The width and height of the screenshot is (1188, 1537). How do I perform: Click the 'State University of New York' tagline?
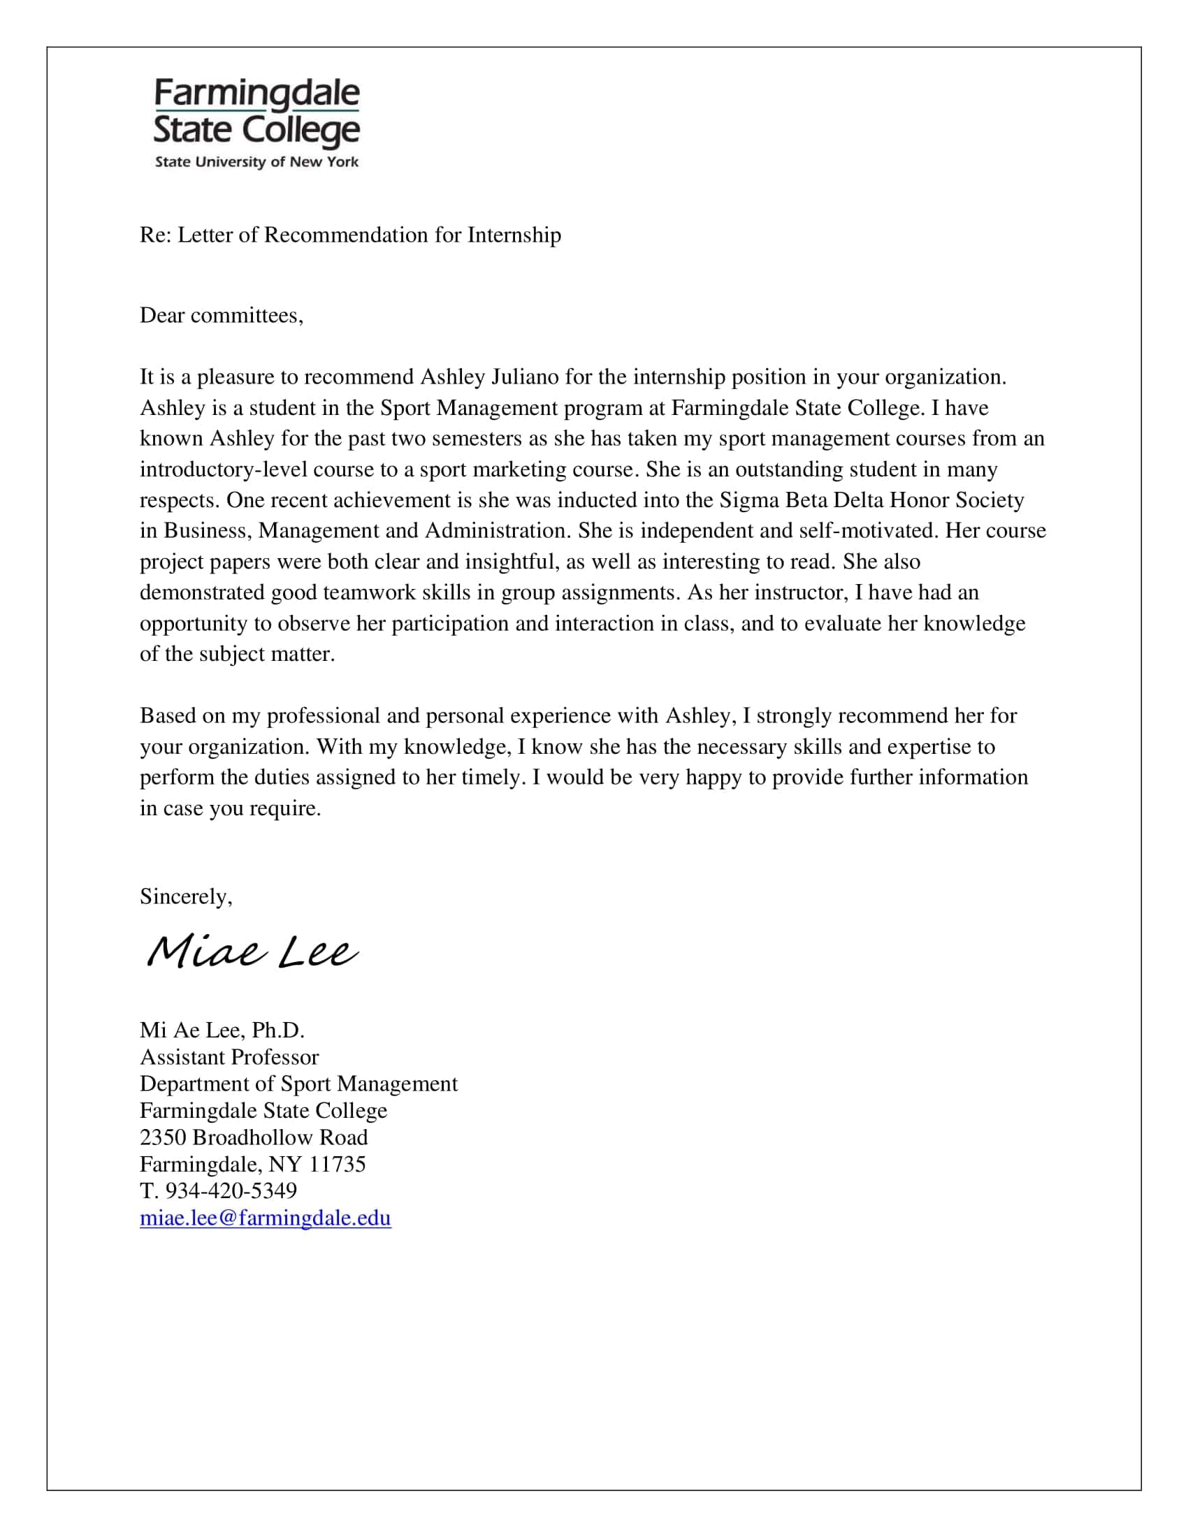[x=256, y=162]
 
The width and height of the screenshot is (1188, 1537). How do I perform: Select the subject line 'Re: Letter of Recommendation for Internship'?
[x=350, y=235]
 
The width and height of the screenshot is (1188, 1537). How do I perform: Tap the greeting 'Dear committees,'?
[x=221, y=315]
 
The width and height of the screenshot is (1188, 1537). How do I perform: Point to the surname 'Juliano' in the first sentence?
[x=524, y=377]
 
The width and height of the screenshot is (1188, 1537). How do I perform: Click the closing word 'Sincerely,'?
[x=186, y=896]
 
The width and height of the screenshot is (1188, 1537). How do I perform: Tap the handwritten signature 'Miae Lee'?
[x=252, y=952]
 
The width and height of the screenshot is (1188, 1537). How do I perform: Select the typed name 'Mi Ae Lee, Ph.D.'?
[x=222, y=1030]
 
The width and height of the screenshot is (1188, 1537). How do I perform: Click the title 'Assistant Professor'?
[x=229, y=1057]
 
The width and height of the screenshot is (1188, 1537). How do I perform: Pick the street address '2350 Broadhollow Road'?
[x=254, y=1137]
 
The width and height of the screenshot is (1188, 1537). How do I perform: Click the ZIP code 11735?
[x=337, y=1164]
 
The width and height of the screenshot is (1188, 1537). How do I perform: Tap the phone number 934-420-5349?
[x=230, y=1190]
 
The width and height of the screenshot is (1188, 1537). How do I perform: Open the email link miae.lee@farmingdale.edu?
[x=266, y=1218]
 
